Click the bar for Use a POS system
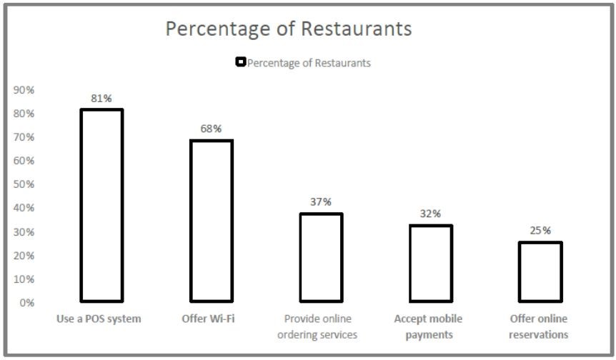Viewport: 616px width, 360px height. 101,205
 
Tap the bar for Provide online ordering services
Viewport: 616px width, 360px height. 321,257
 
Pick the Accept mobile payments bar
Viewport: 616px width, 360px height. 430,263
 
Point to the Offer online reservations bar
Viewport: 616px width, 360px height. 540,271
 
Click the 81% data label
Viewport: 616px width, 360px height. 102,99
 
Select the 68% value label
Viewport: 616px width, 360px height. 212,129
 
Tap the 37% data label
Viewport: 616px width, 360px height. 321,202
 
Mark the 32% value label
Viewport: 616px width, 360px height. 431,214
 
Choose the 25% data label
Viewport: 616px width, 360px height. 540,230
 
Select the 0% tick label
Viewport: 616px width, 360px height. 26,303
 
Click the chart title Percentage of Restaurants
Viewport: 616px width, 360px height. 289,29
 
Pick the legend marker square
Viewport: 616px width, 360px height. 241,62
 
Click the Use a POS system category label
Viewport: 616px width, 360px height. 99,319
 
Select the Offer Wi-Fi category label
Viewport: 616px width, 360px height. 209,319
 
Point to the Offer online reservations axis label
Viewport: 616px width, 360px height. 539,326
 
